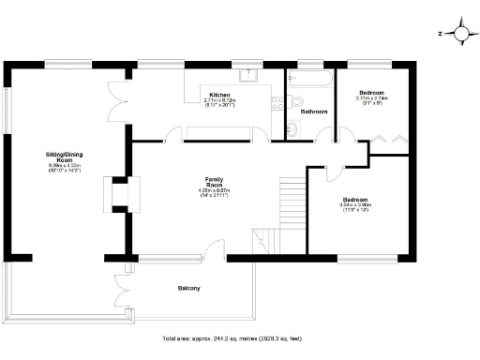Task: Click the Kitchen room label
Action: click(220, 95)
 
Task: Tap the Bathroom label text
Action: click(313, 112)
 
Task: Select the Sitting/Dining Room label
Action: click(67, 156)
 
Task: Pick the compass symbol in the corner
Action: click(459, 34)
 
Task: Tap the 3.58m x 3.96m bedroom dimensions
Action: click(357, 210)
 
